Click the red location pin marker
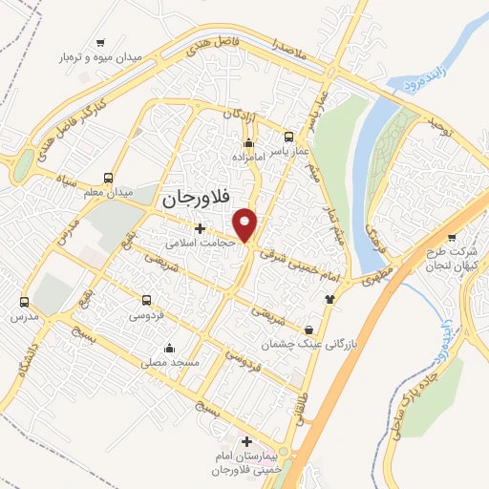pyautogui.click(x=246, y=223)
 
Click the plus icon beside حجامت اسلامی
pyautogui.click(x=200, y=228)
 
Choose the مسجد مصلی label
pyautogui.click(x=169, y=363)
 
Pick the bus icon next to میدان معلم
pyautogui.click(x=108, y=177)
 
